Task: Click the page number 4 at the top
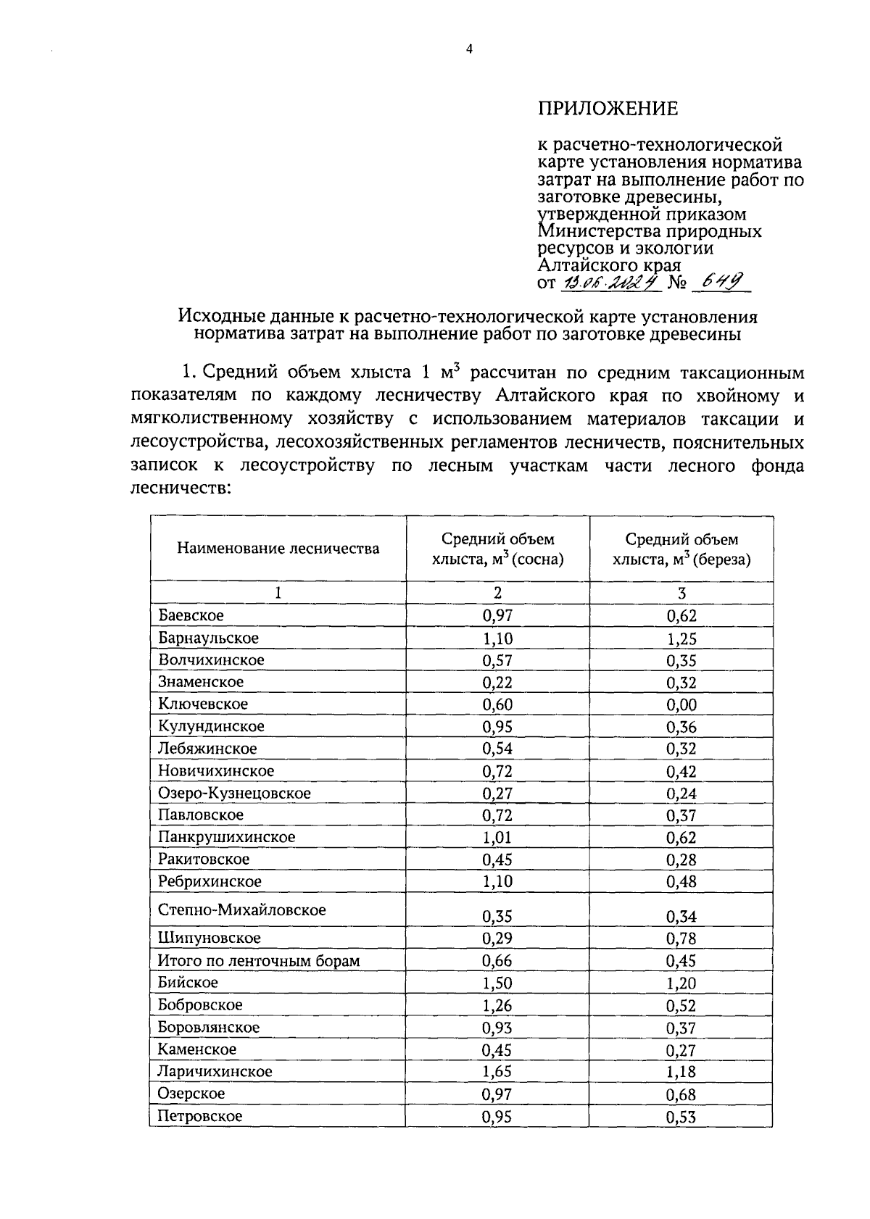click(x=469, y=50)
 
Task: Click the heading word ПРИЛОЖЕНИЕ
click(x=608, y=109)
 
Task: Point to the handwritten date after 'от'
click(x=610, y=283)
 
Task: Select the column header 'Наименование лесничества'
click(x=278, y=549)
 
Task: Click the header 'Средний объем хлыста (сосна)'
click(x=497, y=549)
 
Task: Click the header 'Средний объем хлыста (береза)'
click(x=681, y=549)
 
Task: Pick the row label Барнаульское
click(x=208, y=638)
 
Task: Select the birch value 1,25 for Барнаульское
click(x=681, y=639)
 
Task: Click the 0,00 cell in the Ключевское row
click(x=681, y=705)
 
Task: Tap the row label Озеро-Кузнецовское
click(x=234, y=794)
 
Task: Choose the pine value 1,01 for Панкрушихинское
click(x=497, y=839)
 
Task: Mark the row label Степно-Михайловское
click(x=241, y=910)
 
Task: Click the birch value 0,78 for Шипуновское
click(x=681, y=939)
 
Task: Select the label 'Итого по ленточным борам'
click(x=259, y=962)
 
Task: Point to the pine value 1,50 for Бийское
click(x=497, y=984)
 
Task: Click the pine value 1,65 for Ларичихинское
click(x=497, y=1073)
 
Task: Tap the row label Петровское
click(x=200, y=1117)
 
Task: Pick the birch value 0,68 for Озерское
click(x=681, y=1095)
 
